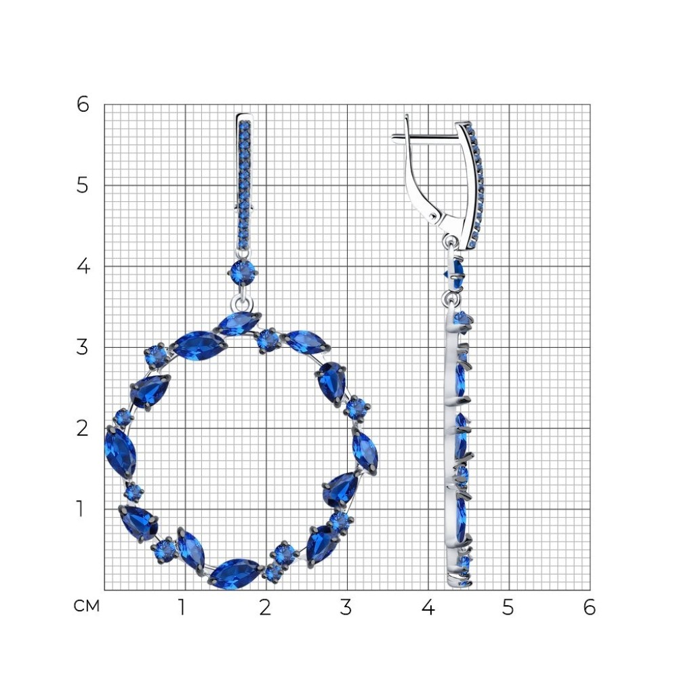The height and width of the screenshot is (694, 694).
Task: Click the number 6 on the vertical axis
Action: click(x=83, y=104)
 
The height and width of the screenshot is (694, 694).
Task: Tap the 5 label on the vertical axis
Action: click(x=82, y=185)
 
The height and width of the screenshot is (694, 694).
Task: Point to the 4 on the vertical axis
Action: click(x=83, y=266)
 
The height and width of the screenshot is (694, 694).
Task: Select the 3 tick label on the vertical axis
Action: click(x=82, y=348)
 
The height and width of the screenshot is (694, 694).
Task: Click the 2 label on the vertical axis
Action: click(x=82, y=428)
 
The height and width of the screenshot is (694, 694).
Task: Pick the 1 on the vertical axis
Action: click(x=80, y=509)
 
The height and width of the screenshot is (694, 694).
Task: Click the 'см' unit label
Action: click(x=86, y=606)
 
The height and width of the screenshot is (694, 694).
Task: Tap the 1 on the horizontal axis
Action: click(x=182, y=608)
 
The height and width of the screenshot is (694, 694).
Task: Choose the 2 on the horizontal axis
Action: click(x=265, y=608)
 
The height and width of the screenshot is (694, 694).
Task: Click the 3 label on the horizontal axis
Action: click(x=346, y=608)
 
